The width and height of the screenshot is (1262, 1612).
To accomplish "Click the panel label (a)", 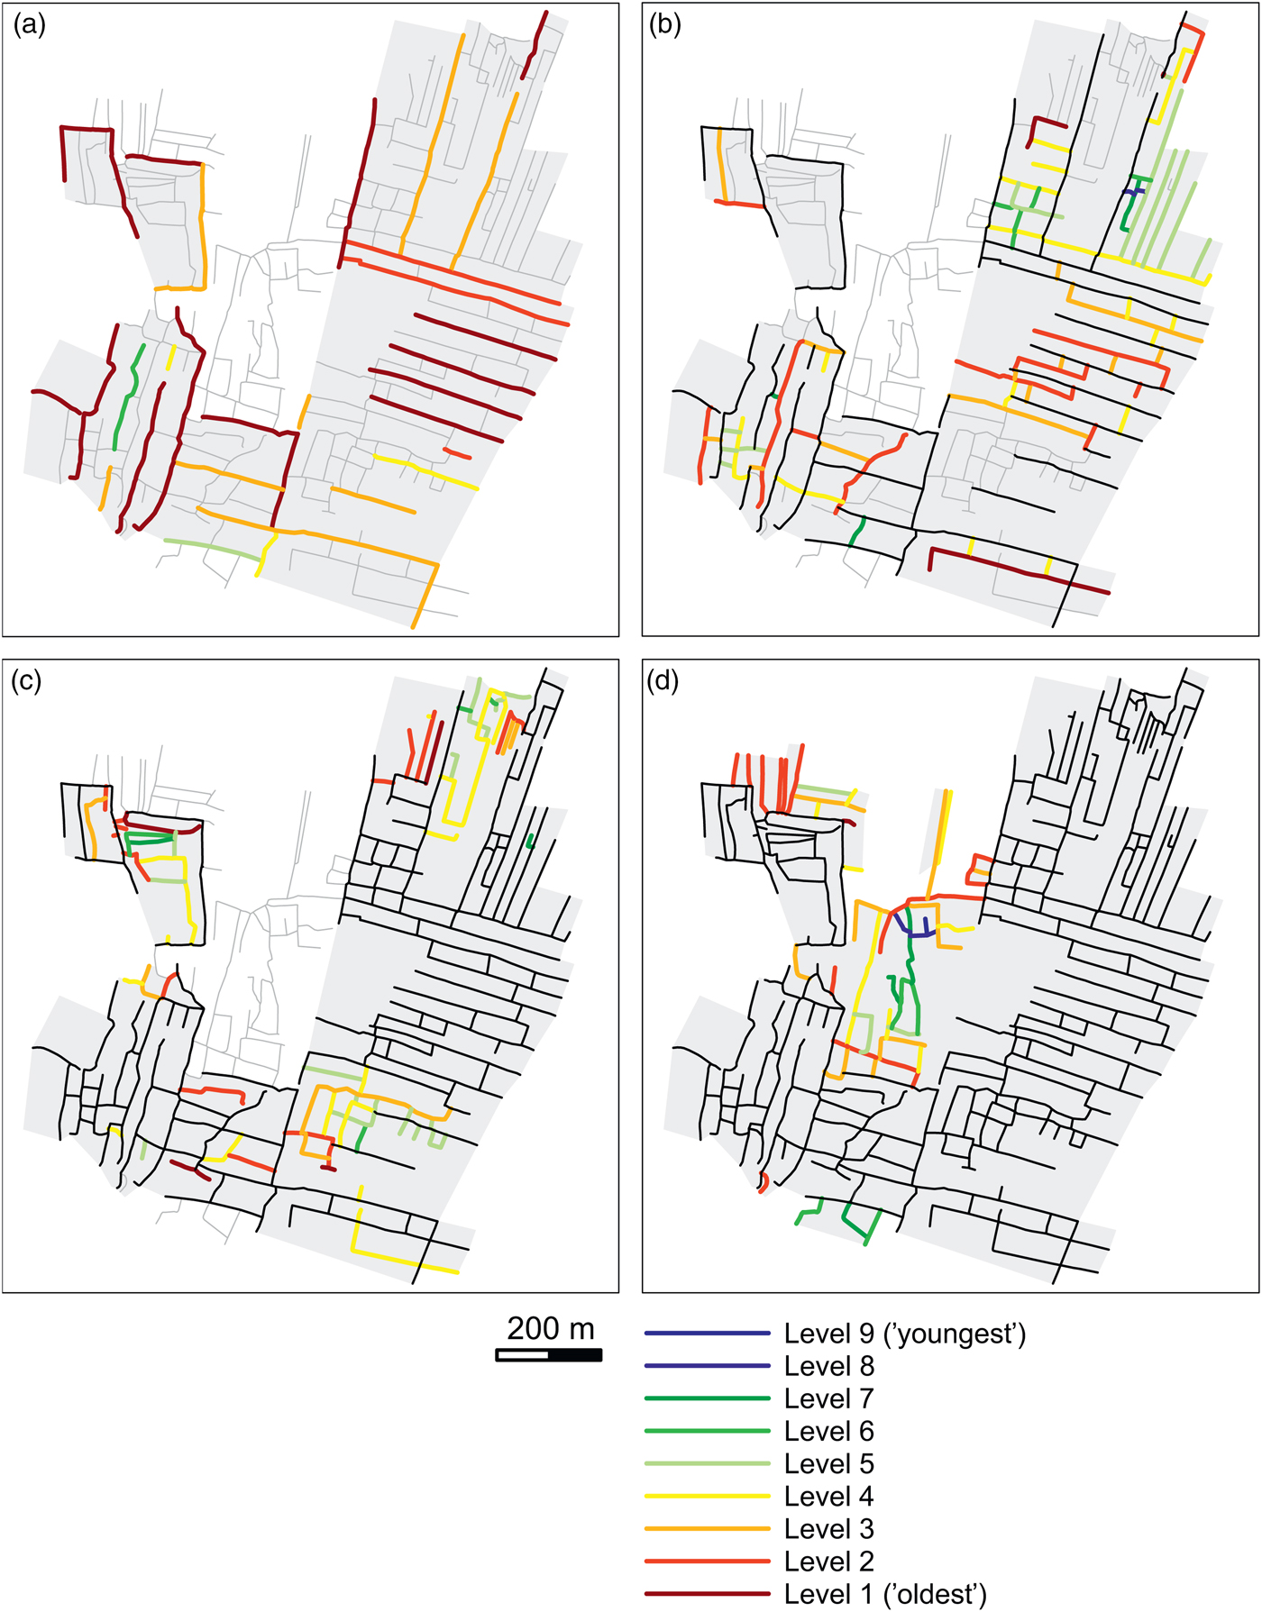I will pos(29,25).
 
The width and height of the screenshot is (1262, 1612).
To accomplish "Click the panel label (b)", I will pos(665,25).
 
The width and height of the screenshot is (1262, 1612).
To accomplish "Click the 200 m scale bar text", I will pos(550,1329).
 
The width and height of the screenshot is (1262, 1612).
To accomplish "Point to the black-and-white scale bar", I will pos(549,1354).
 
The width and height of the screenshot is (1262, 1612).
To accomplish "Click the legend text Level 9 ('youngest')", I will pos(905,1334).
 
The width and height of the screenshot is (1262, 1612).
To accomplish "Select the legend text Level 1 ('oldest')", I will pos(885,1594).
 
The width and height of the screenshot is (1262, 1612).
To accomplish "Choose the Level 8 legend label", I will pos(828,1366).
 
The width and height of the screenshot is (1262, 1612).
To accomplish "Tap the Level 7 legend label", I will pos(828,1398).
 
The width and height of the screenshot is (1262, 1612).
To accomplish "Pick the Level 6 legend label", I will pos(828,1431).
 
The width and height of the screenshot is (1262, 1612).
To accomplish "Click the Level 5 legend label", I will pos(828,1463).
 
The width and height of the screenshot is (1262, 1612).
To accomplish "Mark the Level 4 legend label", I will pos(828,1496).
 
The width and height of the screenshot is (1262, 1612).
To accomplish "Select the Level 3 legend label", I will pos(828,1528).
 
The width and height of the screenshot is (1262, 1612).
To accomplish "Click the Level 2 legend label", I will pos(828,1561).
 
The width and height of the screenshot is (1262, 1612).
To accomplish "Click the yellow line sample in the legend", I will pos(708,1496).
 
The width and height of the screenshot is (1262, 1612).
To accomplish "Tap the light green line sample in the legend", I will pos(708,1463).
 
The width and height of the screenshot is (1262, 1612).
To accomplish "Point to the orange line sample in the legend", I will pos(708,1528).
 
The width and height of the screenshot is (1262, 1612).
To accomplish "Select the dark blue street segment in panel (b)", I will pos(1135,191).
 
